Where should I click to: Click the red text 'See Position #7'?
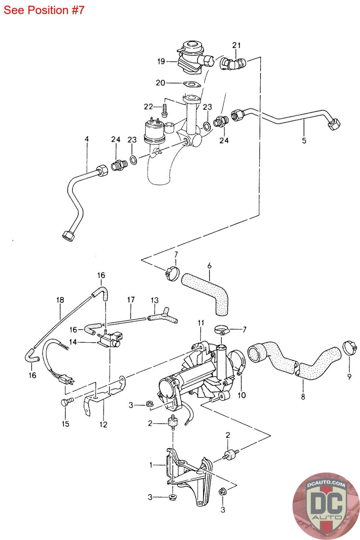point(44,10)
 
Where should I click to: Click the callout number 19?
point(161,61)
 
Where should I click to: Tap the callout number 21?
point(237,45)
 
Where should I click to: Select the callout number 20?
point(160,83)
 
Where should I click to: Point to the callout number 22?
point(148,107)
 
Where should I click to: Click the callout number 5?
point(304,140)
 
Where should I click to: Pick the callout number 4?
point(87,139)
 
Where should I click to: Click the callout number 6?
point(209,266)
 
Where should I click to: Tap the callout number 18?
point(60,300)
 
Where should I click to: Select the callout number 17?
point(131,300)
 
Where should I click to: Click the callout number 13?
point(155,300)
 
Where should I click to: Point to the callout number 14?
point(73,342)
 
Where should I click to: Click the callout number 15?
point(65,424)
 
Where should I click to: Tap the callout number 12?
point(103,425)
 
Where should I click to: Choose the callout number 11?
point(201,323)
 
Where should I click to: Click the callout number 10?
point(242,395)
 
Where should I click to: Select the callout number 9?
point(350,377)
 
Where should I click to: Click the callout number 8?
point(303,397)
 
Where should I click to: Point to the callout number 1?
point(151,465)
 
